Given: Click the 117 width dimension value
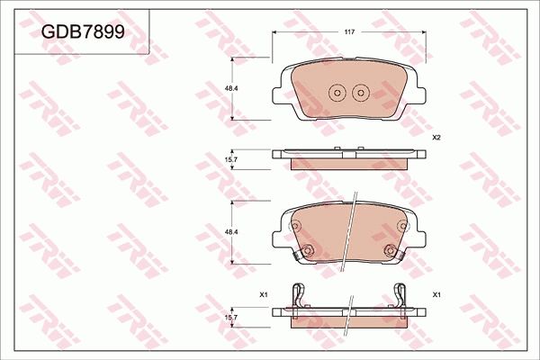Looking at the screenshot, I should tap(348, 31).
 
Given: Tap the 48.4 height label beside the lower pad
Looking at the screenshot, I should tap(230, 233).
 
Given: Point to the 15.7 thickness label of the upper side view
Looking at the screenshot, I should tap(230, 159).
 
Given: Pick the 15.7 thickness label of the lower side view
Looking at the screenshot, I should tap(230, 317).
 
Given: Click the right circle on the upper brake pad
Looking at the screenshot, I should tap(359, 92).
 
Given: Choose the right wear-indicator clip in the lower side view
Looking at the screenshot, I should tap(401, 294).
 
